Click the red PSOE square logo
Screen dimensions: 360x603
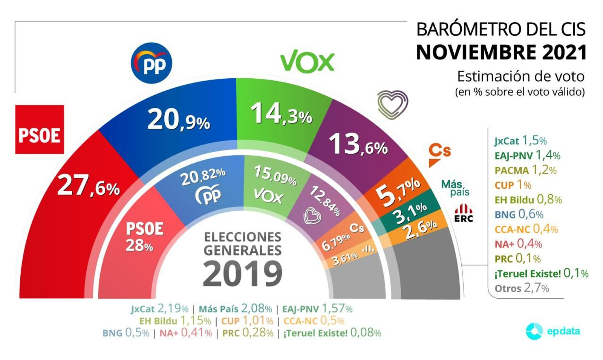click(39, 129)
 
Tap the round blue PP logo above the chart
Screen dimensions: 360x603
click(151, 63)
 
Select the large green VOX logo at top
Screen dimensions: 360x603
click(307, 61)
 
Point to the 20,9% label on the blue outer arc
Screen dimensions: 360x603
click(178, 120)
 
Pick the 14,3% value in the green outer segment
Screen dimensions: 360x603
click(281, 114)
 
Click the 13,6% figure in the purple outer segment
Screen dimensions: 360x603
click(358, 145)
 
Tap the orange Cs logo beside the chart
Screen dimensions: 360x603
click(439, 154)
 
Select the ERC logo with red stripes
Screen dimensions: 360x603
click(464, 213)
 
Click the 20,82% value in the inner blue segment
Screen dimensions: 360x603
click(203, 177)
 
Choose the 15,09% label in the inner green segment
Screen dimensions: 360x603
click(275, 175)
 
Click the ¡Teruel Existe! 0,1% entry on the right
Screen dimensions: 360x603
click(541, 273)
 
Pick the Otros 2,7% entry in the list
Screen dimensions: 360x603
click(522, 288)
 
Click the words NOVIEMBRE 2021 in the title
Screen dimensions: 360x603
click(501, 52)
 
